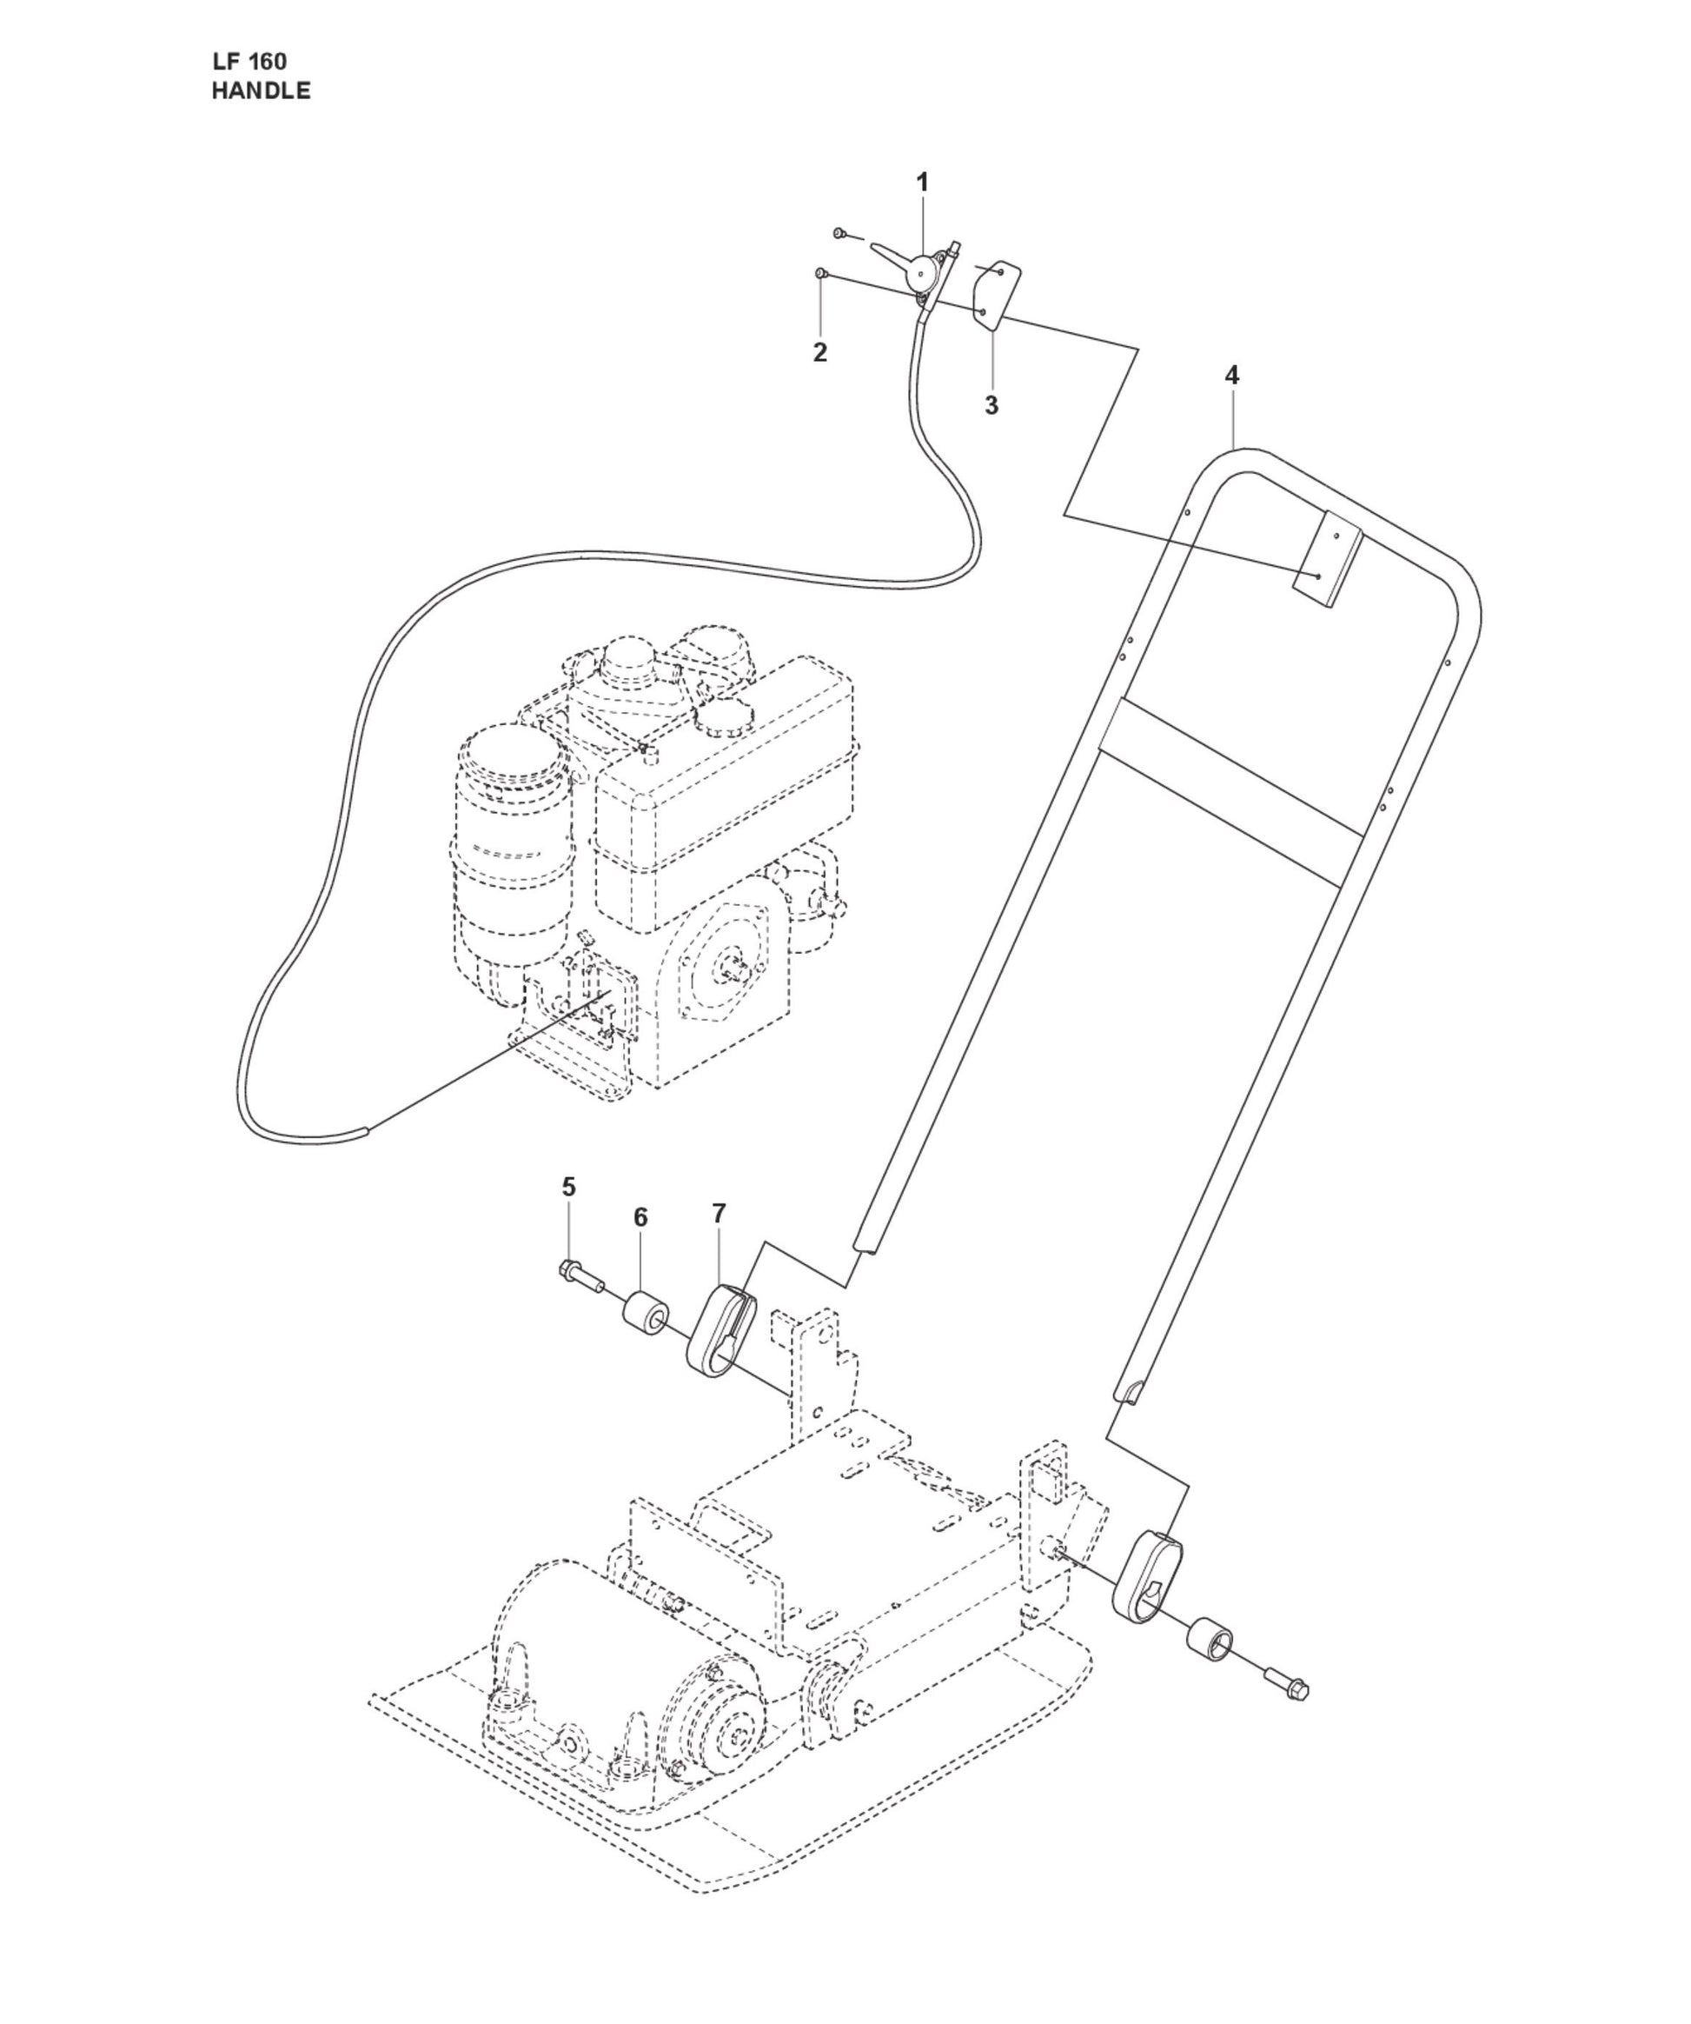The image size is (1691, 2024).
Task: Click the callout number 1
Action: (x=922, y=183)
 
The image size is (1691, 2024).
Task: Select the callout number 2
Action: (x=820, y=353)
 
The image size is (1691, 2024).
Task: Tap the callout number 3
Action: (x=991, y=406)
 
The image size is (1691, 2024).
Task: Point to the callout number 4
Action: (x=1231, y=375)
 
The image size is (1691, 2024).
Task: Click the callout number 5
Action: (x=568, y=1187)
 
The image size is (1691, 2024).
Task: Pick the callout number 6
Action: (x=640, y=1217)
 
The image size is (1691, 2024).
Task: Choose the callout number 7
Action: (x=719, y=1214)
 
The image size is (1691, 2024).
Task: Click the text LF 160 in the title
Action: (x=249, y=62)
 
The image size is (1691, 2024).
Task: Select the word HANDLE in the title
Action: (x=261, y=91)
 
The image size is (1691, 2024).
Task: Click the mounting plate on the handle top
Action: (x=1328, y=559)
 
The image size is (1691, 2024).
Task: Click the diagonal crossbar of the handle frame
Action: (x=1233, y=790)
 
